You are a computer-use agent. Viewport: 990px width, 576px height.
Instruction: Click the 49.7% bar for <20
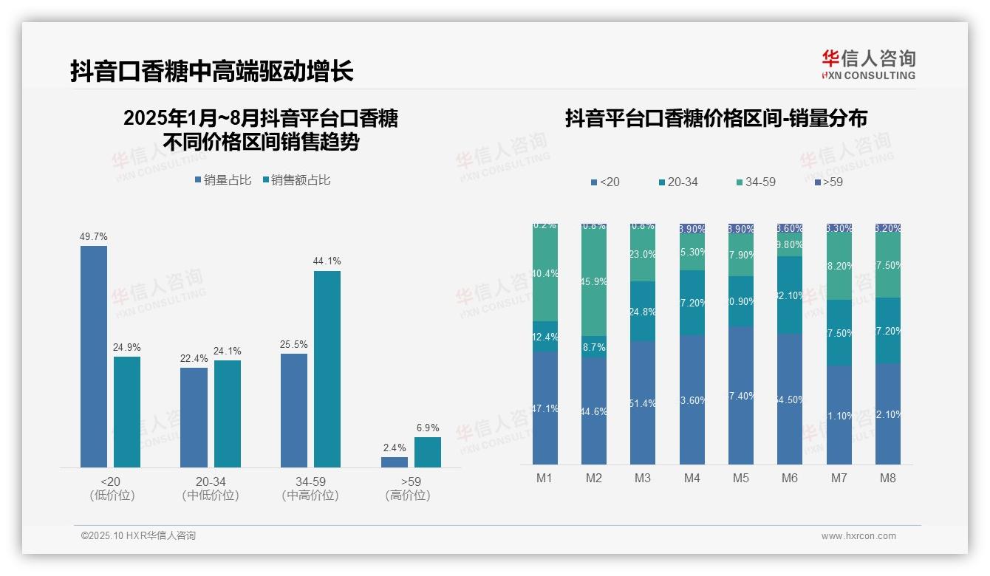[x=94, y=356]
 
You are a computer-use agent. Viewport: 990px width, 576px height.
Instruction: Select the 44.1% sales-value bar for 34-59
[x=327, y=368]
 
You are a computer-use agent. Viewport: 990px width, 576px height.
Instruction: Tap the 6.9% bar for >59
[x=427, y=452]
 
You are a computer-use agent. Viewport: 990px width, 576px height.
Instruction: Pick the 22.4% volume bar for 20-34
[x=194, y=417]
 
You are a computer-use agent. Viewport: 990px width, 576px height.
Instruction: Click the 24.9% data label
[x=126, y=347]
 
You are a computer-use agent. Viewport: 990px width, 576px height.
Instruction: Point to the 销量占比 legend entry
[x=223, y=180]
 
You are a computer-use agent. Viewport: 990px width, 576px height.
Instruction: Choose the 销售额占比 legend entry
[x=296, y=180]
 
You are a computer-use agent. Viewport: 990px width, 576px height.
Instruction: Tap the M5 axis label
[x=740, y=478]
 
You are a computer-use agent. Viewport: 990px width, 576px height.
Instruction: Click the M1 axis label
[x=544, y=478]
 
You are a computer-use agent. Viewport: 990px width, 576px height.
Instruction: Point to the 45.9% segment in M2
[x=594, y=281]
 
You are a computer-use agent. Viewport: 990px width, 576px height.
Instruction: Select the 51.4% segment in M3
[x=643, y=402]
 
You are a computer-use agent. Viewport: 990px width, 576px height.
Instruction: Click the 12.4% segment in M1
[x=545, y=336]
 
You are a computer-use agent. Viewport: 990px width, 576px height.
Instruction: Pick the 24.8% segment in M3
[x=643, y=311]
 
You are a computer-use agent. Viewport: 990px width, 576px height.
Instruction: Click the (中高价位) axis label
[x=310, y=496]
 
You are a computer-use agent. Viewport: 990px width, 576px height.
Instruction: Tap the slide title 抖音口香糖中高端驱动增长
[x=212, y=71]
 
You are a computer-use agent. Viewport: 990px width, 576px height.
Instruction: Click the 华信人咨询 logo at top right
[x=868, y=64]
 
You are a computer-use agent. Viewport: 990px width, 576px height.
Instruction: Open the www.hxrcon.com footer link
[x=858, y=536]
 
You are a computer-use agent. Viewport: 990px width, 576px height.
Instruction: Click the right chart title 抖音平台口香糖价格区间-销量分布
[x=716, y=118]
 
